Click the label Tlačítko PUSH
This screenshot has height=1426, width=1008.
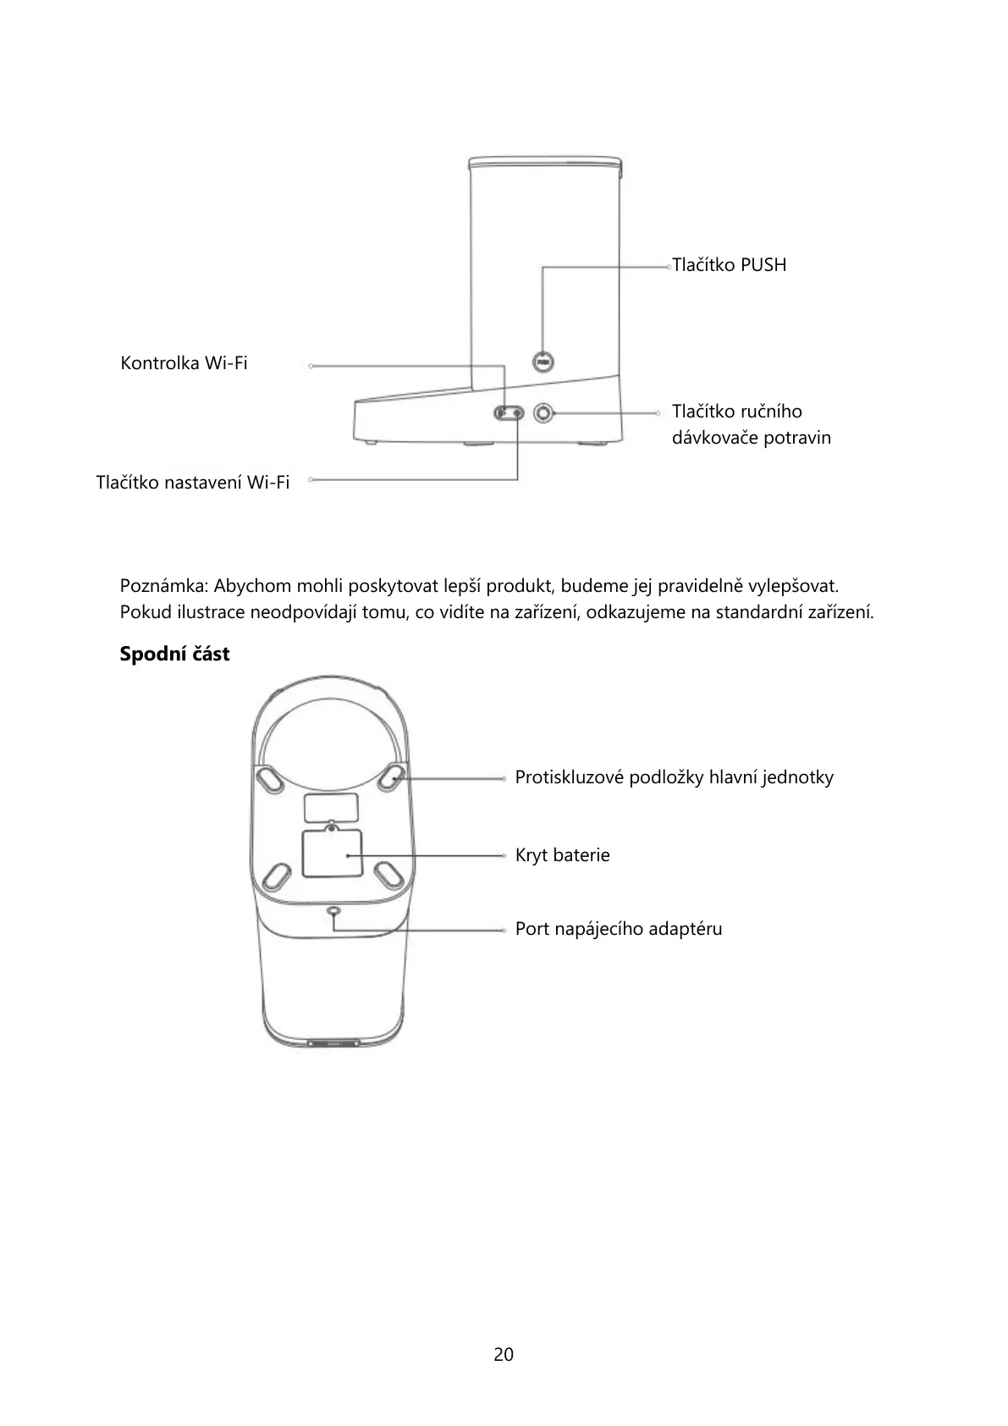(729, 265)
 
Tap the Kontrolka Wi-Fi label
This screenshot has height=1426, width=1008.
(184, 363)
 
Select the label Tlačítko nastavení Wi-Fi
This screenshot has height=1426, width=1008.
(193, 483)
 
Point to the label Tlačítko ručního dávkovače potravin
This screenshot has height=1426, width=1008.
(751, 424)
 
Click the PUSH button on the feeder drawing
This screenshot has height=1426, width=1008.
(543, 362)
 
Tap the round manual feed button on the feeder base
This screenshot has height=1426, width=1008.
(543, 413)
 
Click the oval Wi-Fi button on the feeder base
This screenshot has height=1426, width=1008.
(510, 413)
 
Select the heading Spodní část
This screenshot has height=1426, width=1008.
(174, 655)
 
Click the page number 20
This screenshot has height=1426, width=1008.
(504, 1354)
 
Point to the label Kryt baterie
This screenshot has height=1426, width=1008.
(562, 855)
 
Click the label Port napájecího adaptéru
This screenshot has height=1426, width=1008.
(619, 929)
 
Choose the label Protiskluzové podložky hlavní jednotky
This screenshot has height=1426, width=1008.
(674, 777)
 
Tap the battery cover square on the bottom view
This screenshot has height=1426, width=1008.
(332, 854)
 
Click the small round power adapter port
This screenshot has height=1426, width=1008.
(333, 911)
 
